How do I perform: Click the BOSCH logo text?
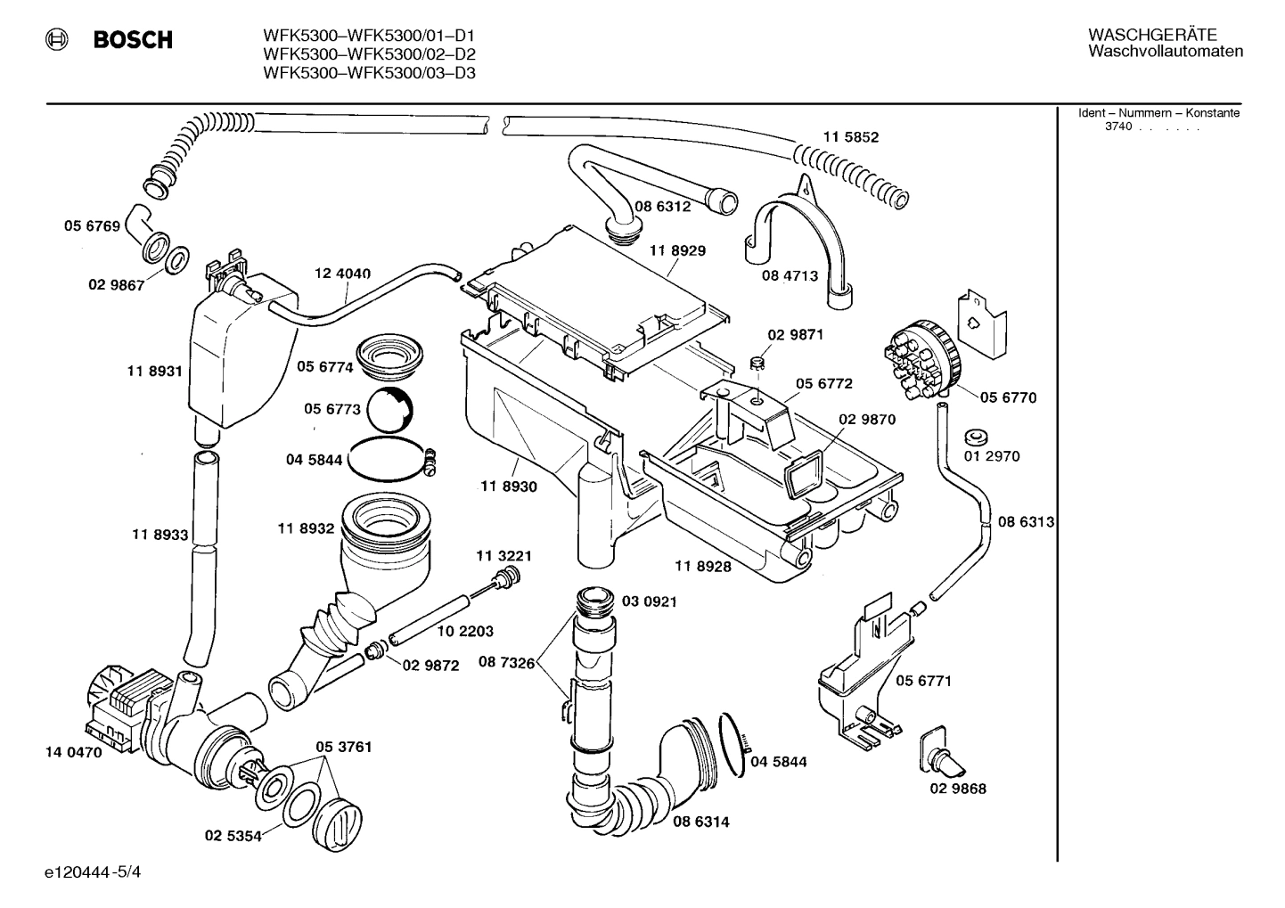[132, 40]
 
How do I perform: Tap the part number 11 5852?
[850, 137]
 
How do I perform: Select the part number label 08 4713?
[789, 276]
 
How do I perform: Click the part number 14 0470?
[73, 752]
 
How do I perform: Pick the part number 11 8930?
[508, 487]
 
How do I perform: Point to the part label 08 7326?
[506, 662]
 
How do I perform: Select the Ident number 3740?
[1117, 127]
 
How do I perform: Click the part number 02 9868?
[958, 789]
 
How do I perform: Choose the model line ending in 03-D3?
[369, 73]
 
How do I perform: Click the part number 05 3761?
[343, 747]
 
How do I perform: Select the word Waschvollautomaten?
[1165, 52]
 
